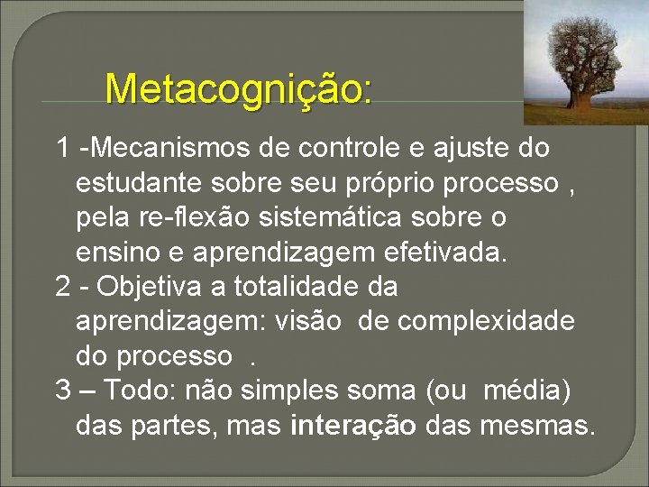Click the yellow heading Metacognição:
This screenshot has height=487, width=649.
(238, 89)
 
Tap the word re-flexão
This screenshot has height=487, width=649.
(195, 218)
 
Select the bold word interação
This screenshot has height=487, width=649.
(354, 426)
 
